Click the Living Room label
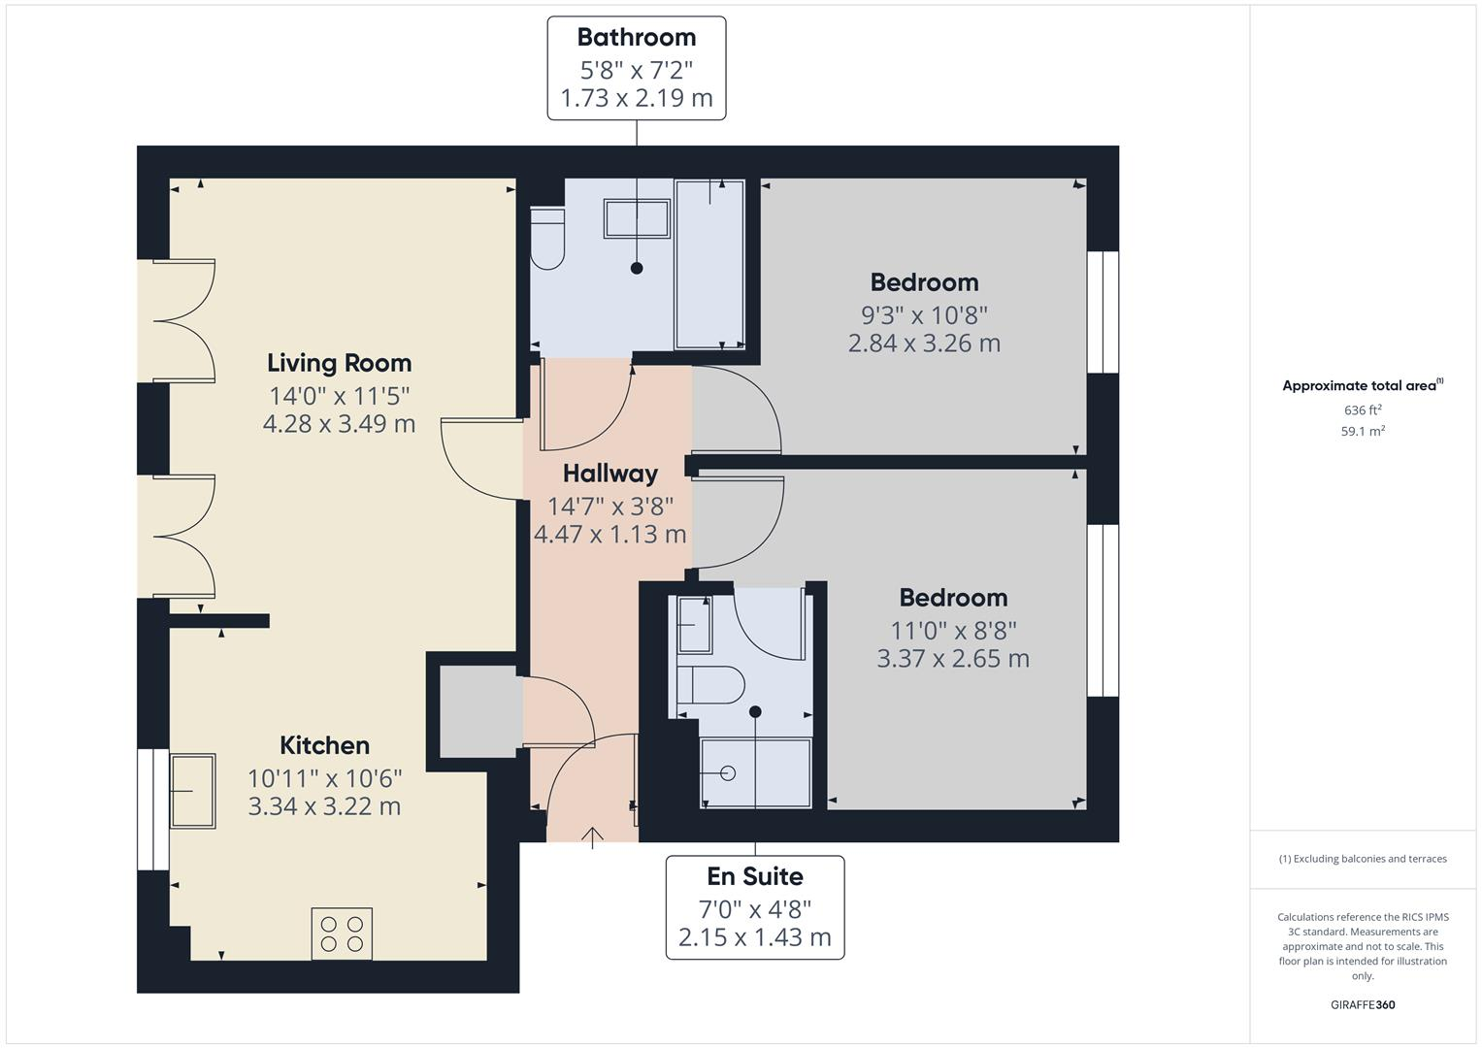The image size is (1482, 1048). click(x=339, y=363)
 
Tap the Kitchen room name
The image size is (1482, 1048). click(x=324, y=745)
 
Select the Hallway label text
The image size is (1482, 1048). click(x=609, y=474)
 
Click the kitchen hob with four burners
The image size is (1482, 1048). click(x=342, y=933)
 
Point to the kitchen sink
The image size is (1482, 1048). click(x=193, y=791)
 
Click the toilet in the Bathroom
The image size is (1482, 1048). click(x=548, y=238)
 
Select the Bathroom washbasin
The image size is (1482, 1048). click(x=637, y=218)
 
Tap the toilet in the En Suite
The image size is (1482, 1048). click(x=710, y=684)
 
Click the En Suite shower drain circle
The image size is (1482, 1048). click(x=728, y=772)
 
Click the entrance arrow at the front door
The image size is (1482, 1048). click(x=592, y=836)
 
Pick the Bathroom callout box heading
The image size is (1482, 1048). click(x=636, y=37)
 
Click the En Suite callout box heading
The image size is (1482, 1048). click(x=754, y=876)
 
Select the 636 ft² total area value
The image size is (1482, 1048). click(x=1363, y=410)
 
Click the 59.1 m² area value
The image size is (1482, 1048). click(x=1363, y=432)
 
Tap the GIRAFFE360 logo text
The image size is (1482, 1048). click(x=1363, y=1004)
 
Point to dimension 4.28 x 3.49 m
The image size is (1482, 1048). click(x=339, y=424)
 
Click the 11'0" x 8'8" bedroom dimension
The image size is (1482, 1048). click(x=953, y=630)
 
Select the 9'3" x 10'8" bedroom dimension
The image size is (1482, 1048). click(x=924, y=314)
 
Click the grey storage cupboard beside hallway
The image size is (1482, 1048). click(x=478, y=711)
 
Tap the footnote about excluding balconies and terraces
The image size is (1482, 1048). click(x=1363, y=859)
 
